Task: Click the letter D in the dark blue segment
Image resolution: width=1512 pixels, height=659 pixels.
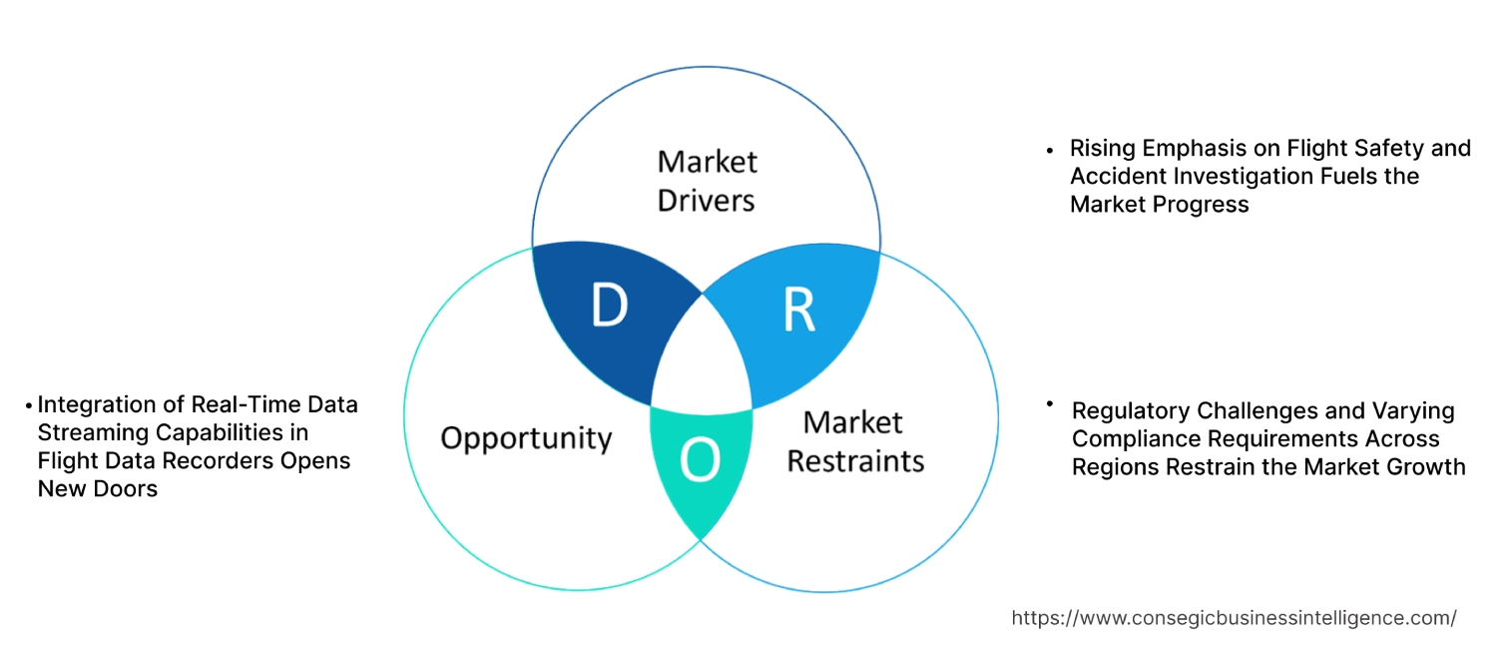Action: coord(609,307)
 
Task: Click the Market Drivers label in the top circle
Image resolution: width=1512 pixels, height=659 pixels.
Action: coord(707,181)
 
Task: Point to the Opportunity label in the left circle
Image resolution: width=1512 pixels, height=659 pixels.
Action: coord(526,437)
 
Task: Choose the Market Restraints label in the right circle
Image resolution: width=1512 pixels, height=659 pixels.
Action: coord(855,441)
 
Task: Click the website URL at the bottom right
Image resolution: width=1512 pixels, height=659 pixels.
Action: coord(1234,618)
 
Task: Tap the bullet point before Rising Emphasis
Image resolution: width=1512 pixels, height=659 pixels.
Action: coord(1049,150)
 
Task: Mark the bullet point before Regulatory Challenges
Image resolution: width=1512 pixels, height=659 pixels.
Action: coord(1049,403)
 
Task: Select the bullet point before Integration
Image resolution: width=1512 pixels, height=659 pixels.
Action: coord(29,406)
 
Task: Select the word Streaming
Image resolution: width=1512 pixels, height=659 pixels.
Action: coord(89,432)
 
